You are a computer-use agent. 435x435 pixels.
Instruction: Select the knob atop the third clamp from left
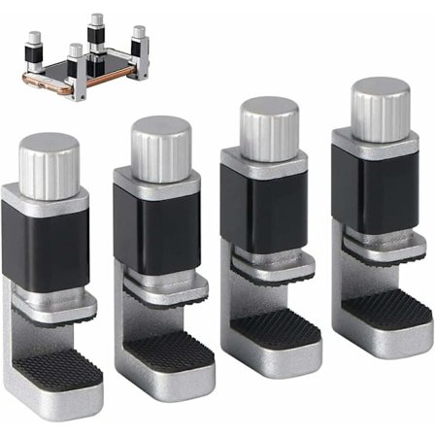click(x=257, y=121)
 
